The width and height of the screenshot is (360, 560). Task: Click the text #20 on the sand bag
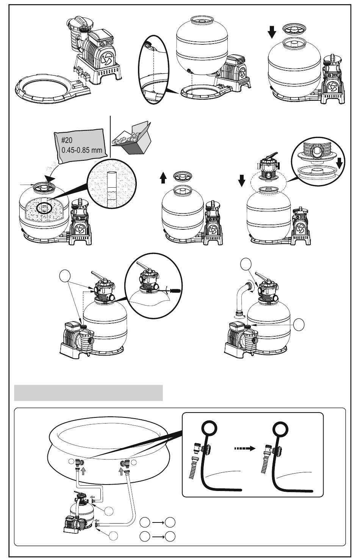click(67, 141)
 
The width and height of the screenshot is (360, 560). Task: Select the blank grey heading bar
click(88, 393)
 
